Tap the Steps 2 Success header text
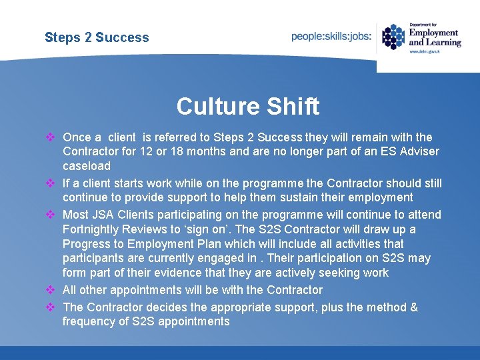click(x=97, y=37)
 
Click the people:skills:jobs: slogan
click(x=331, y=37)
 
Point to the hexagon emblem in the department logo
click(x=393, y=37)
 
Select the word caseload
click(x=87, y=165)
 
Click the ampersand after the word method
click(x=414, y=307)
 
